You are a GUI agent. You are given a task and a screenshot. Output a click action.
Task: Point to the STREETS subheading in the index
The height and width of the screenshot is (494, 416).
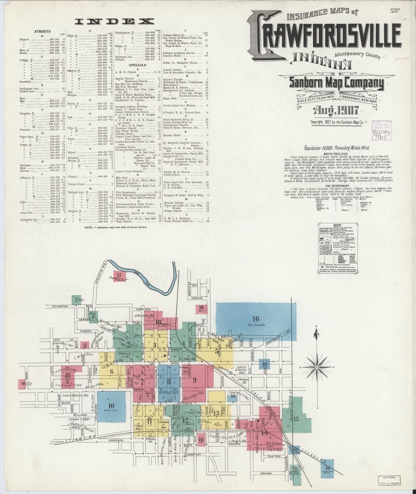(x=42, y=32)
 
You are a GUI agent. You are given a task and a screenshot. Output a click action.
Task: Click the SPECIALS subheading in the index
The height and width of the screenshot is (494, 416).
(x=137, y=65)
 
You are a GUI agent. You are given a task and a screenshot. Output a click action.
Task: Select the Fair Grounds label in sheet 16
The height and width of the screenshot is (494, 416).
(x=255, y=325)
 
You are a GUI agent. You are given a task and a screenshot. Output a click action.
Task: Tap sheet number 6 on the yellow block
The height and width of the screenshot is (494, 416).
(x=112, y=372)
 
